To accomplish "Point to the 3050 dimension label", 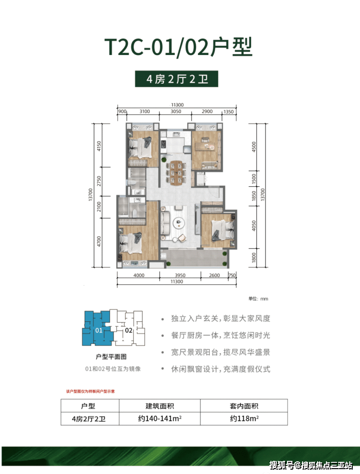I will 176,112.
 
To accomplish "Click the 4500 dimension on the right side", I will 253,146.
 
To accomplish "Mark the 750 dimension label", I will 232,276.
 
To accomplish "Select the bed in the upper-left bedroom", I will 143,144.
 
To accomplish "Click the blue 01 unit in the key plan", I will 98,330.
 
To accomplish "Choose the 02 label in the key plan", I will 129,330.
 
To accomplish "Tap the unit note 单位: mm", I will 258,299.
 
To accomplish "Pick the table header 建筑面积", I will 160,405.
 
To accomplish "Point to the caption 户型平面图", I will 111,356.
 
